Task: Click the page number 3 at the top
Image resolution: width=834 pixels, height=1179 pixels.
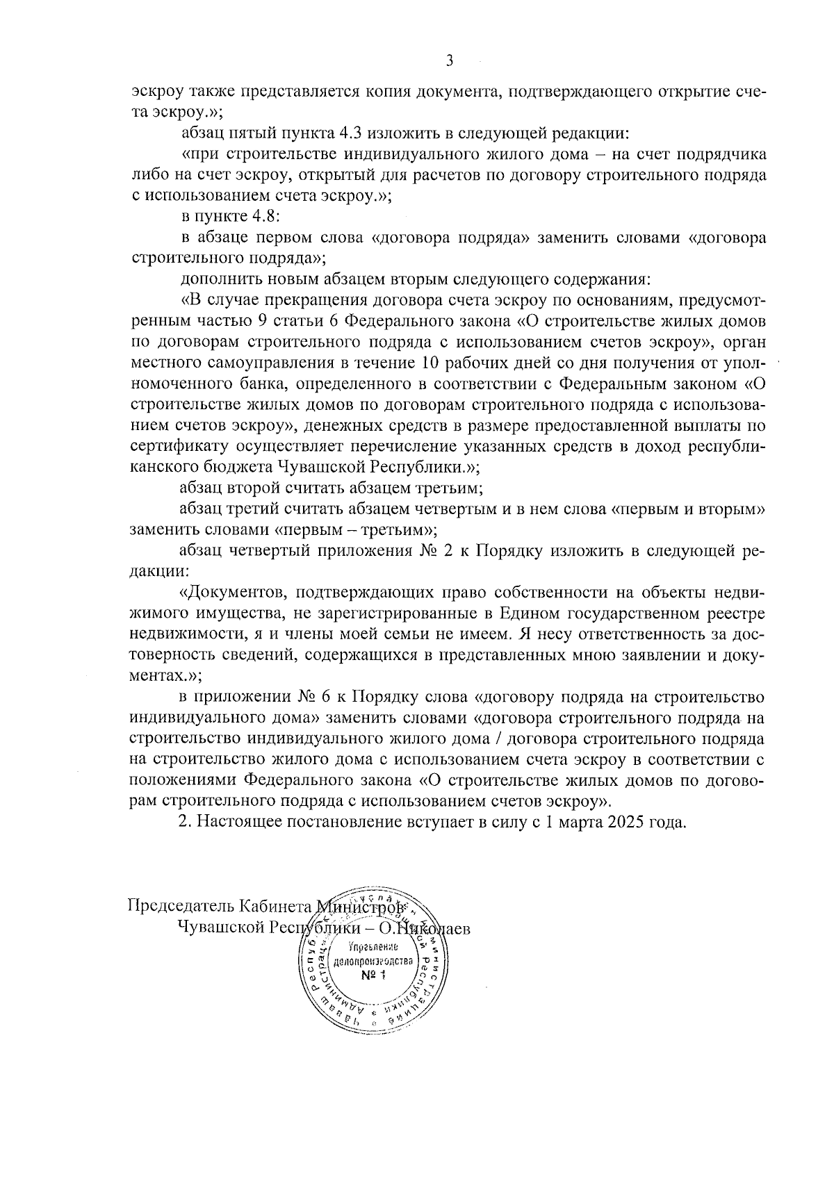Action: point(449,61)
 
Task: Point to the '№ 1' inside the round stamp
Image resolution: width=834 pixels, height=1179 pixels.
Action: point(373,976)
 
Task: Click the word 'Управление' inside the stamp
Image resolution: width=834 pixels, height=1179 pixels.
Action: point(373,948)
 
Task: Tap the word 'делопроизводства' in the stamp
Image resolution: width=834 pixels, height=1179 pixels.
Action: point(373,962)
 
